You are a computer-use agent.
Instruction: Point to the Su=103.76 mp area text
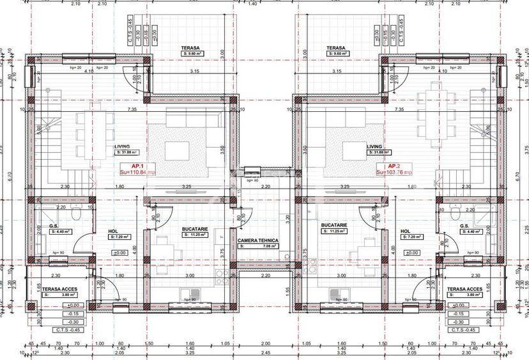pyautogui.click(x=394, y=173)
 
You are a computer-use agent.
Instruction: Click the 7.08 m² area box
pyautogui.click(x=259, y=246)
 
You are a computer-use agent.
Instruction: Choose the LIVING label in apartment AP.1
pyautogui.click(x=122, y=146)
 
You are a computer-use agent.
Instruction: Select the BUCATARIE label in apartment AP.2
pyautogui.click(x=334, y=225)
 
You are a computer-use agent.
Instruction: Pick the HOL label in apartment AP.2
pyautogui.click(x=406, y=231)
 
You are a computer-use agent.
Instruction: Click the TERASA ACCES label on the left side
pyautogui.click(x=60, y=289)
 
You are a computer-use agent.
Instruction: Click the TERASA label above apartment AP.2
pyautogui.click(x=336, y=48)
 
